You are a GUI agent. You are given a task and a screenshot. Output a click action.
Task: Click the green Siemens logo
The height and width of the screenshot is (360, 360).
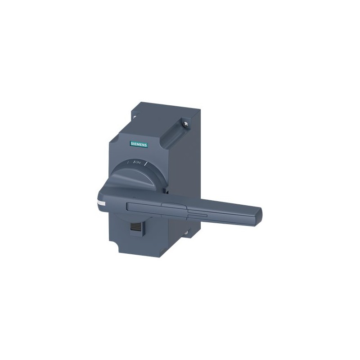(139, 144)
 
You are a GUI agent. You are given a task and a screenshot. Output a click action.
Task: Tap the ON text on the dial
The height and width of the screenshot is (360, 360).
(138, 162)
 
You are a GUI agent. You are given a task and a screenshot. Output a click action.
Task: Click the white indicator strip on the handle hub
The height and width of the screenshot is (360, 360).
(101, 203)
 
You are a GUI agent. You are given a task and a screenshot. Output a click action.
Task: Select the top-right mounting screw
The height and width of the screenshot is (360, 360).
(186, 124)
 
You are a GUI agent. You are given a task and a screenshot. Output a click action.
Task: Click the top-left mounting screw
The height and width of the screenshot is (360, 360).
(135, 117)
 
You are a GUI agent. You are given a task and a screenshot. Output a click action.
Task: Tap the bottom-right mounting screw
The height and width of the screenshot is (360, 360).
(187, 232)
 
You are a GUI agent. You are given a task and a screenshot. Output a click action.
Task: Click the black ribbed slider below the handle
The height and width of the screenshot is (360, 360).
(133, 227)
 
